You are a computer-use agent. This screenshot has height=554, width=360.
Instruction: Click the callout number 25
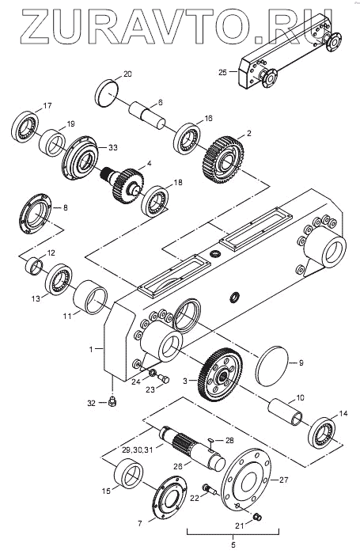[x=222, y=73]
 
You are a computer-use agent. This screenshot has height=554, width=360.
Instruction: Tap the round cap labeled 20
[x=106, y=93]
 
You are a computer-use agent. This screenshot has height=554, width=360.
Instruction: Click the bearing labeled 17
[x=25, y=127]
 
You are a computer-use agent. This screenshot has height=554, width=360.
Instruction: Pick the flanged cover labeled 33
[x=79, y=157]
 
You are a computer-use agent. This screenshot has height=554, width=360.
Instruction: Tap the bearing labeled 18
[x=154, y=201]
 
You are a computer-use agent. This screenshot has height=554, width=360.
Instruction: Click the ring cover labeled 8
[x=36, y=214]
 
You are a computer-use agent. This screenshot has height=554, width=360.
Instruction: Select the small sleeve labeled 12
[x=34, y=265]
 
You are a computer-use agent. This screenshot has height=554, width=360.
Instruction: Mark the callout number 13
[x=36, y=298]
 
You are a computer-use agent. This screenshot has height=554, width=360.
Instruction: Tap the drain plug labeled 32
[x=113, y=402]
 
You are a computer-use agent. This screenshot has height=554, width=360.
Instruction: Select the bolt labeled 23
[x=164, y=379]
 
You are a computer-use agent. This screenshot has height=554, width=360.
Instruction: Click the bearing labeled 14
[x=323, y=433]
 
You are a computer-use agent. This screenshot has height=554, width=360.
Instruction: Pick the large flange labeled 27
[x=246, y=480]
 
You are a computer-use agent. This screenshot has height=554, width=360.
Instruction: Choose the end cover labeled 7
[x=169, y=499]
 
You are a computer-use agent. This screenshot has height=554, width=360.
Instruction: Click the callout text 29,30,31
[x=137, y=450]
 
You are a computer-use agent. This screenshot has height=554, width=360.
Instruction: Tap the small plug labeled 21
[x=258, y=517]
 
